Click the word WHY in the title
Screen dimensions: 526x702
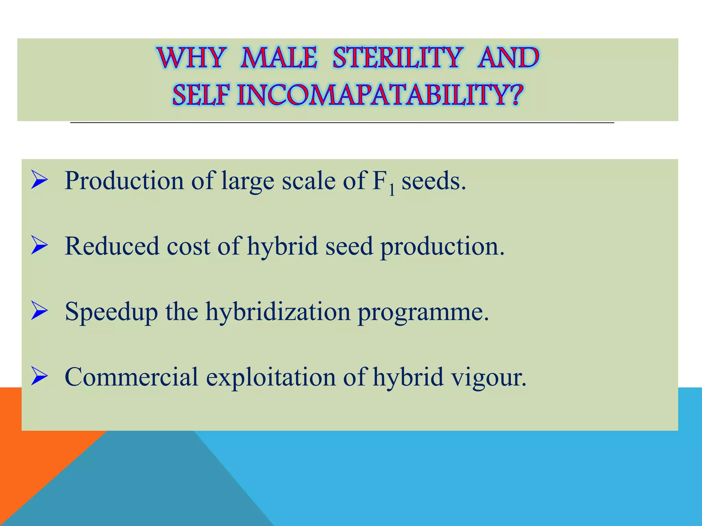coord(192,58)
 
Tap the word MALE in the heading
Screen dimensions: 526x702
coord(278,58)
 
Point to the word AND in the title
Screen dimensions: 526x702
coord(508,58)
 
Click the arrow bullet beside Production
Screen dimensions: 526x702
coord(39,180)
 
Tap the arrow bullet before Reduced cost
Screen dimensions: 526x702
coord(39,246)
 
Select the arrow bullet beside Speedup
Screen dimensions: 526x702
coord(39,311)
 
